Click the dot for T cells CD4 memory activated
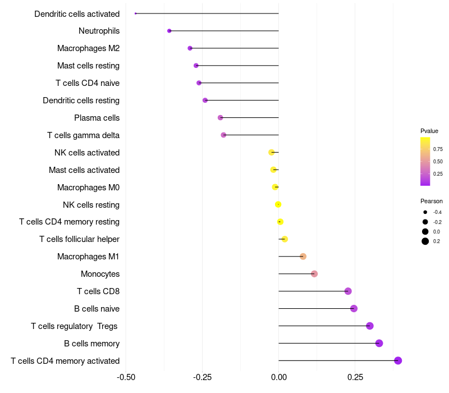tap(398, 360)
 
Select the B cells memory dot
tap(379, 343)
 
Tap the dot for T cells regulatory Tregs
tap(369, 326)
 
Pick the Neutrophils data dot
tap(169, 31)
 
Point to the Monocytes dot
tap(314, 273)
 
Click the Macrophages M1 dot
tap(303, 256)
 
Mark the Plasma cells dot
tap(220, 117)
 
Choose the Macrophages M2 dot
tap(190, 48)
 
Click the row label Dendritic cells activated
tap(77, 13)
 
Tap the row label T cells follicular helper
tap(79, 239)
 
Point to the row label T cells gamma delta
tap(83, 135)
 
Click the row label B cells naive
tap(97, 309)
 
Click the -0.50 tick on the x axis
tap(126, 377)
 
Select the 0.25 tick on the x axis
tap(355, 377)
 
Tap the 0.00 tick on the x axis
tap(278, 377)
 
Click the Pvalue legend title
tap(429, 131)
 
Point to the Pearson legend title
tap(432, 201)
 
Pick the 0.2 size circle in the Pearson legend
tap(425, 241)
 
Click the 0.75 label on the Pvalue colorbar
tap(438, 149)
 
